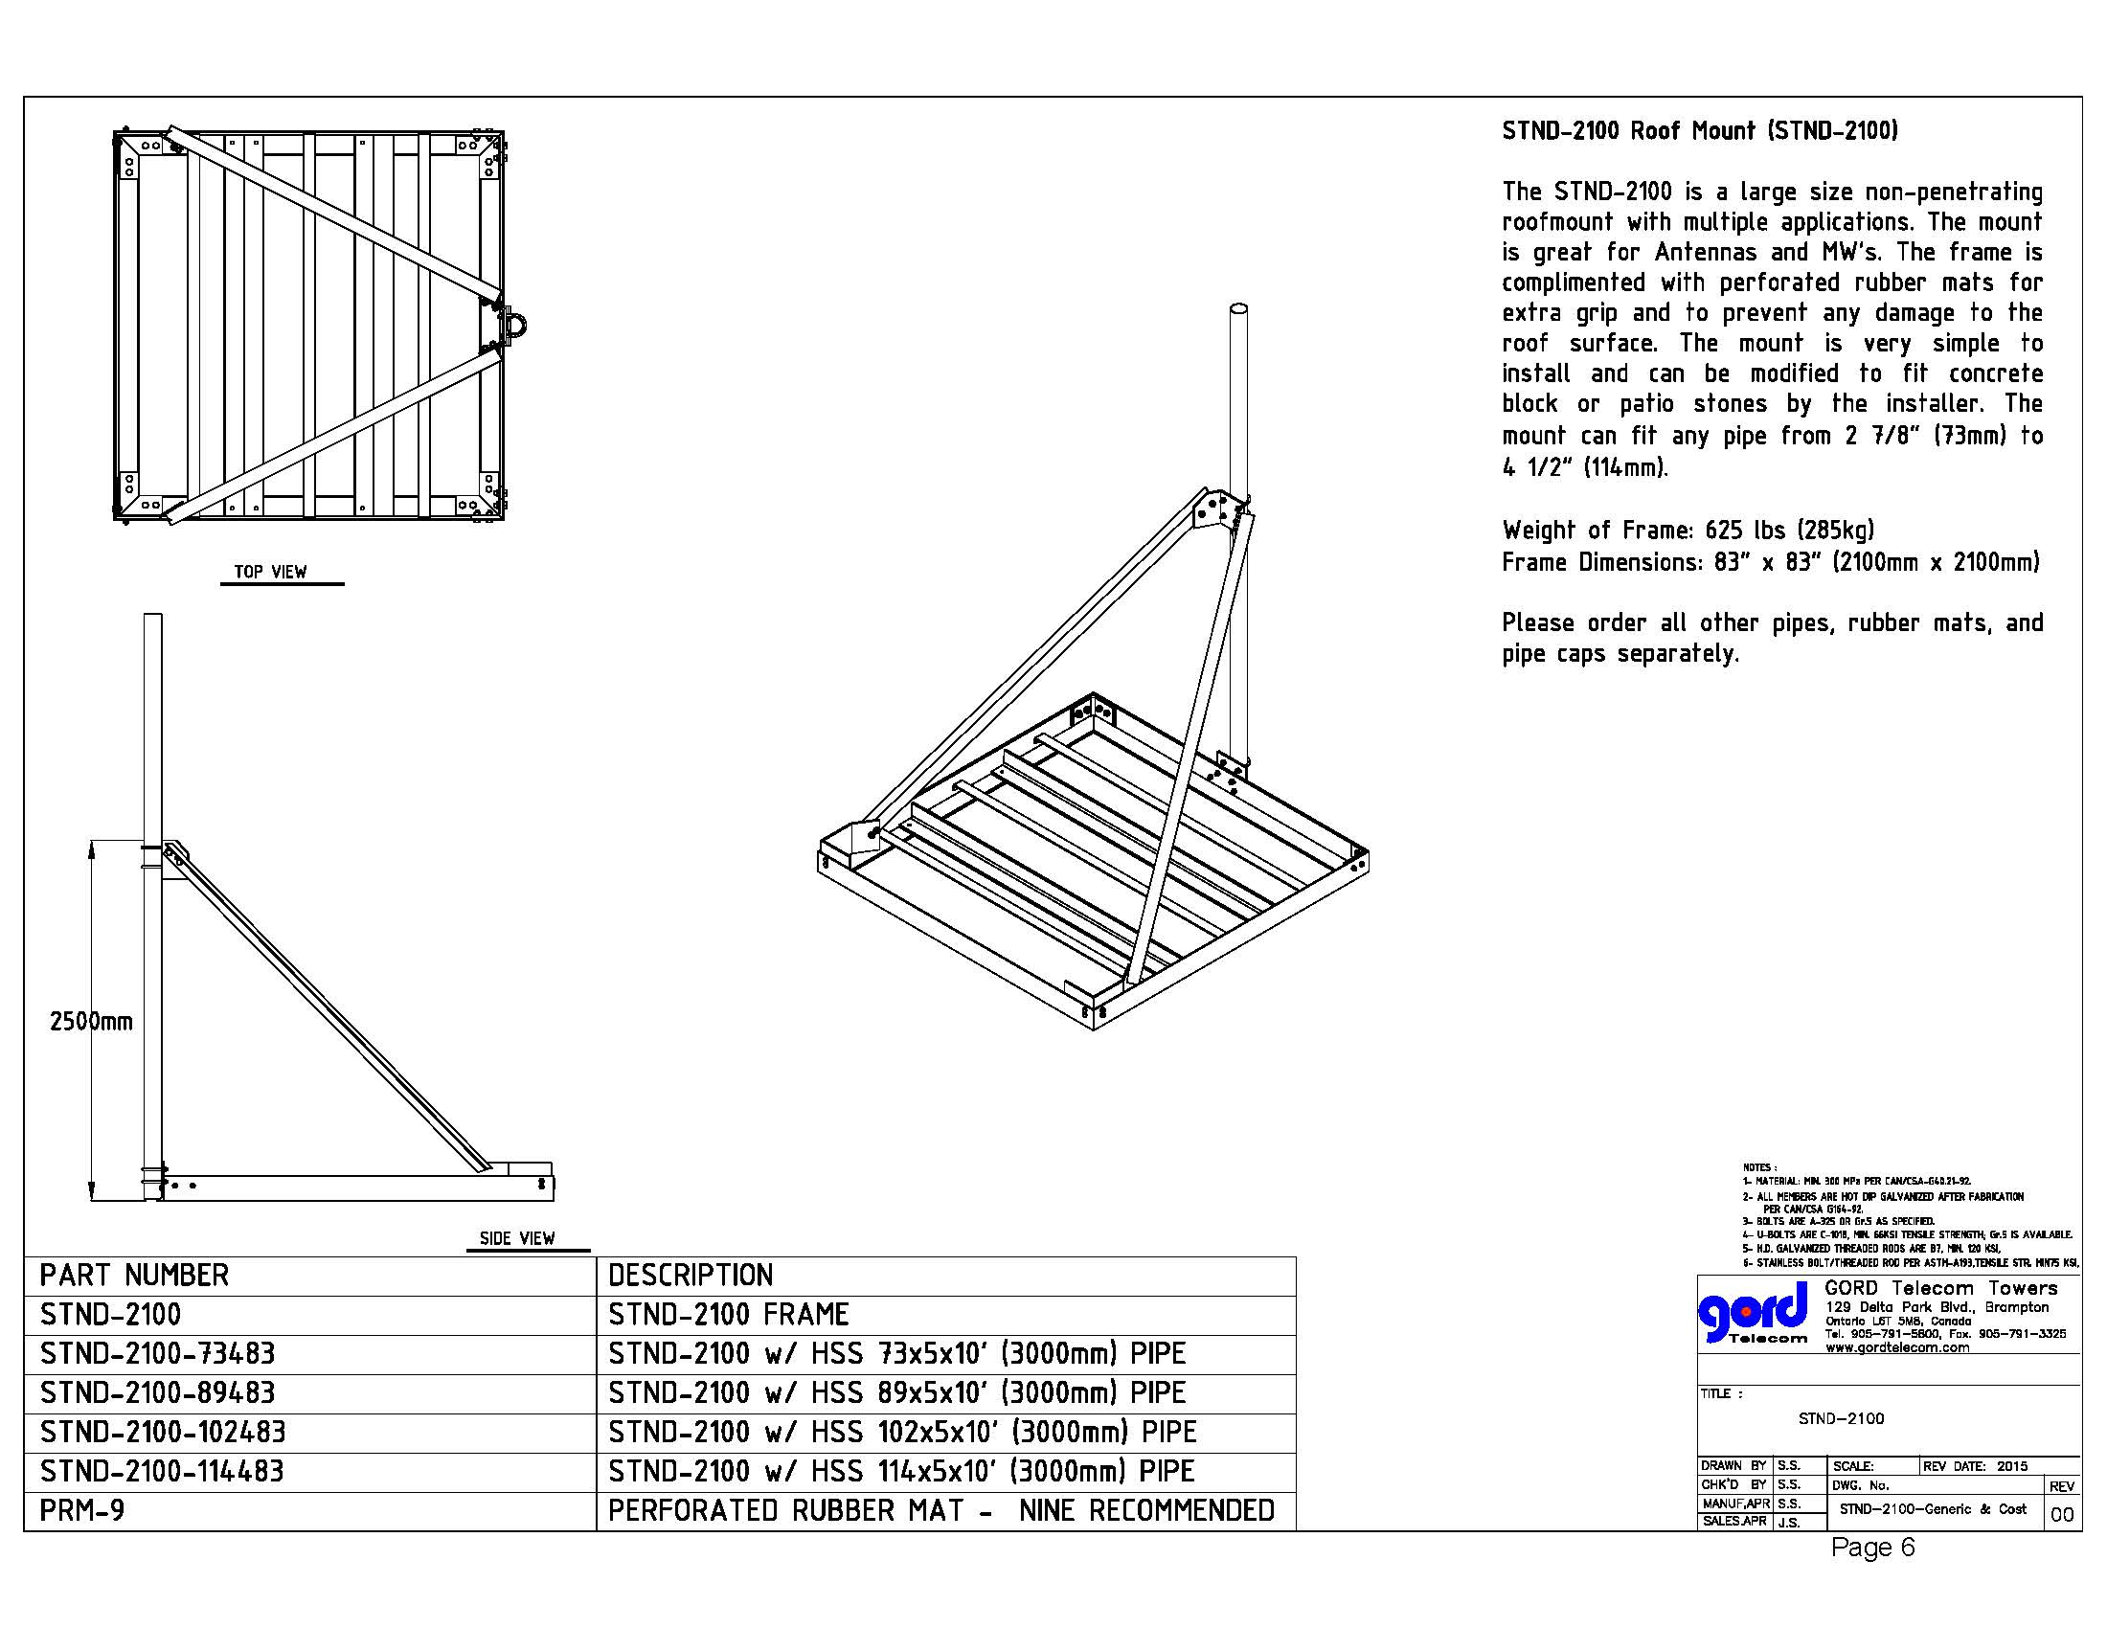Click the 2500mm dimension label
(91, 1022)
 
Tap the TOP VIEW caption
(270, 572)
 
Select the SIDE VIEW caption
(517, 1238)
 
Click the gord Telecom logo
(1754, 1314)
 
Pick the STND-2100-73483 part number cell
(157, 1354)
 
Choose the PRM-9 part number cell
(82, 1510)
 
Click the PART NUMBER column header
(134, 1276)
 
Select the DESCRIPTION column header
(690, 1276)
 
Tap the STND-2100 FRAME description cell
(729, 1315)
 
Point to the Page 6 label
(1871, 1548)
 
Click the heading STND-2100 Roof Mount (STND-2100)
(1699, 131)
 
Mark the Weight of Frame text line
(1688, 531)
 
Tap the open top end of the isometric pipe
(1237, 309)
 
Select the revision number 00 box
(2061, 1515)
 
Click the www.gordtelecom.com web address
(1896, 1347)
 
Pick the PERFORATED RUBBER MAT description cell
(940, 1510)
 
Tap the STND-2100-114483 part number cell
(162, 1472)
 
